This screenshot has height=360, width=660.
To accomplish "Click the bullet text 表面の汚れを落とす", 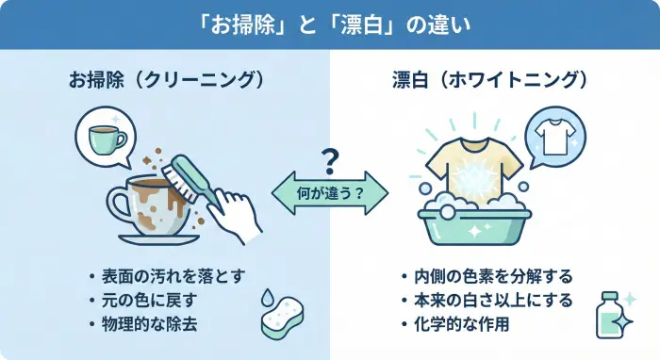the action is click(x=162, y=277).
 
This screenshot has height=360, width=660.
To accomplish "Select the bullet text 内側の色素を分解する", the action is click(x=492, y=277).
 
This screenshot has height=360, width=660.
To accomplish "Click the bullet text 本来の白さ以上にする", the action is click(x=492, y=301).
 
